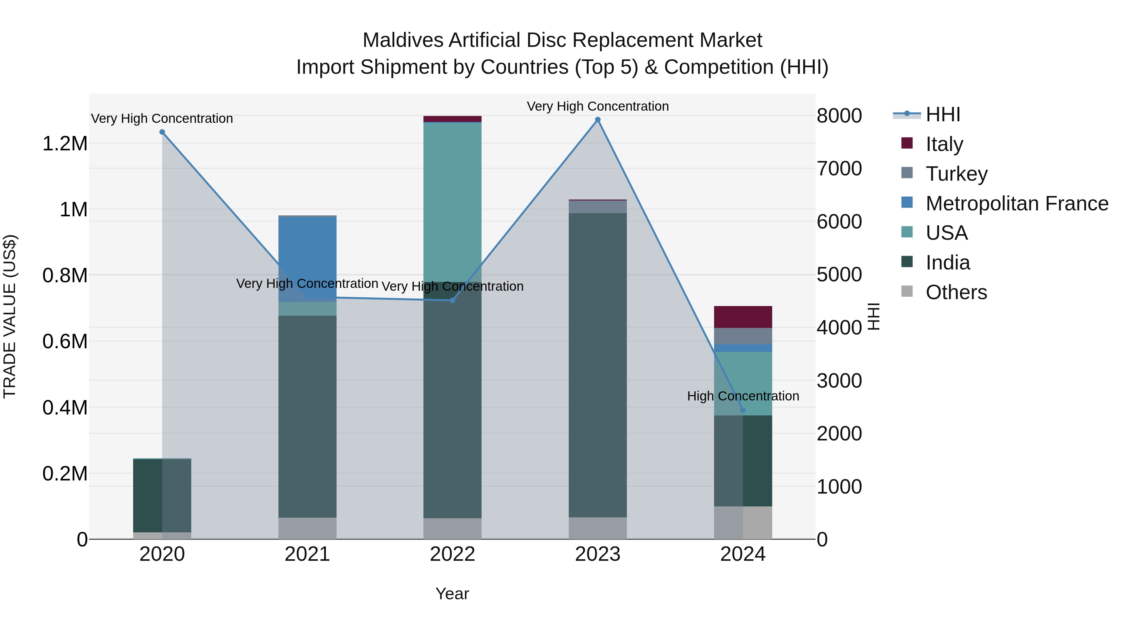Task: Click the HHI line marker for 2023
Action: click(x=597, y=120)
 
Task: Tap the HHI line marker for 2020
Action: click(x=162, y=132)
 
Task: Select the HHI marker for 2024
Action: click(x=743, y=410)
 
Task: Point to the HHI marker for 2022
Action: click(x=452, y=300)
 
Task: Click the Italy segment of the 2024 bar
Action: click(x=743, y=317)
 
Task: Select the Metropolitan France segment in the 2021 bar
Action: click(x=307, y=258)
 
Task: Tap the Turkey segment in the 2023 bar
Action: click(x=597, y=207)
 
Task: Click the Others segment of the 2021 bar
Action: click(x=307, y=528)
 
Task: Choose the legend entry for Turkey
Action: click(x=957, y=174)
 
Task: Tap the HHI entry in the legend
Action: click(x=942, y=114)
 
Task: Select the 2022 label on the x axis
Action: click(x=452, y=554)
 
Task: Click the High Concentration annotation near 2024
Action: click(x=743, y=396)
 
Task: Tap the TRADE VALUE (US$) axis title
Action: click(x=10, y=316)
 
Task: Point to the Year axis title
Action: click(x=452, y=594)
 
